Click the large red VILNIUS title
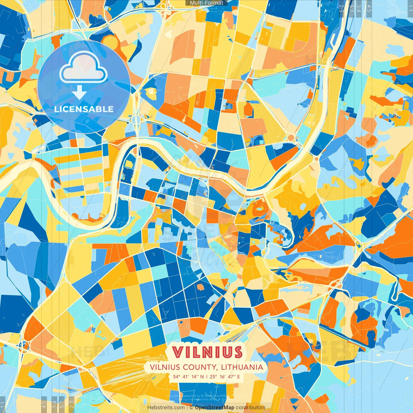pyautogui.click(x=207, y=352)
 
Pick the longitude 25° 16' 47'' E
pyautogui.click(x=225, y=377)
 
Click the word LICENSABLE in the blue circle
pyautogui.click(x=84, y=109)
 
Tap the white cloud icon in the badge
pyautogui.click(x=84, y=67)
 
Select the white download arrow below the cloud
pyautogui.click(x=79, y=93)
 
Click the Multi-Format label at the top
pyautogui.click(x=206, y=3)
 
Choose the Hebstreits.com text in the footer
pyautogui.click(x=166, y=408)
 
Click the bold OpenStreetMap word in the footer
pyautogui.click(x=215, y=408)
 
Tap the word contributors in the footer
pyautogui.click(x=251, y=408)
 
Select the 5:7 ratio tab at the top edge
pyautogui.click(x=351, y=8)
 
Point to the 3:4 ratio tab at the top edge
pyautogui.click(x=359, y=8)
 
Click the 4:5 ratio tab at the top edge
pyautogui.click(x=369, y=8)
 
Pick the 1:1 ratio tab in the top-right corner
pyautogui.click(x=410, y=8)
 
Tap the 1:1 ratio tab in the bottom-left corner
pyautogui.click(x=3, y=405)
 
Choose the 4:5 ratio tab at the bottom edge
pyautogui.click(x=44, y=405)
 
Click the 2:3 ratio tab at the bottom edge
pyautogui.click(x=71, y=405)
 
